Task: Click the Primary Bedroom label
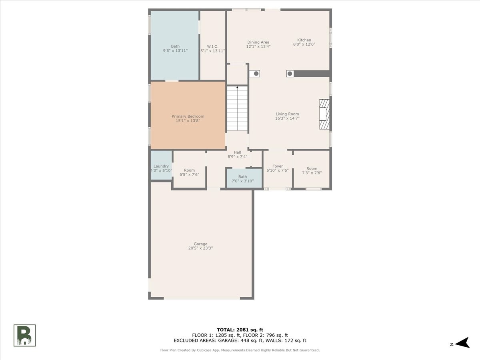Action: pos(188,116)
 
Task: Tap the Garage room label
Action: pos(200,244)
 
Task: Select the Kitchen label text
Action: pos(304,40)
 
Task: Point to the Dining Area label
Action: pos(258,42)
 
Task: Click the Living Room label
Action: pos(287,114)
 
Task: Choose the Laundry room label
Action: pos(161,166)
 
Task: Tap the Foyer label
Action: pos(278,166)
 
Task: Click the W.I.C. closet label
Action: pos(212,46)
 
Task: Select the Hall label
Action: pos(238,152)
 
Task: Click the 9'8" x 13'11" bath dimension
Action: pos(175,51)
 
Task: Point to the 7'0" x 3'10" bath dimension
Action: pos(242,181)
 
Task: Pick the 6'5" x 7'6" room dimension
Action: pos(189,174)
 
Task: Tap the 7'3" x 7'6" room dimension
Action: pos(312,173)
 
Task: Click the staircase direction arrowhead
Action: pos(237,88)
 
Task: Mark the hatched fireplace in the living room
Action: pos(324,114)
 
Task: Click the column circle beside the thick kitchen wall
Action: pos(290,74)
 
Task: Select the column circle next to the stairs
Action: pos(256,74)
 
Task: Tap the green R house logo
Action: pos(24,336)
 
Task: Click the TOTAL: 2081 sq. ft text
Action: pos(240,330)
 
